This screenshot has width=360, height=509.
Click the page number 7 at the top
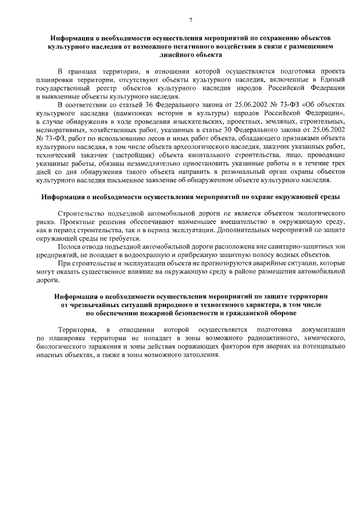(191, 20)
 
